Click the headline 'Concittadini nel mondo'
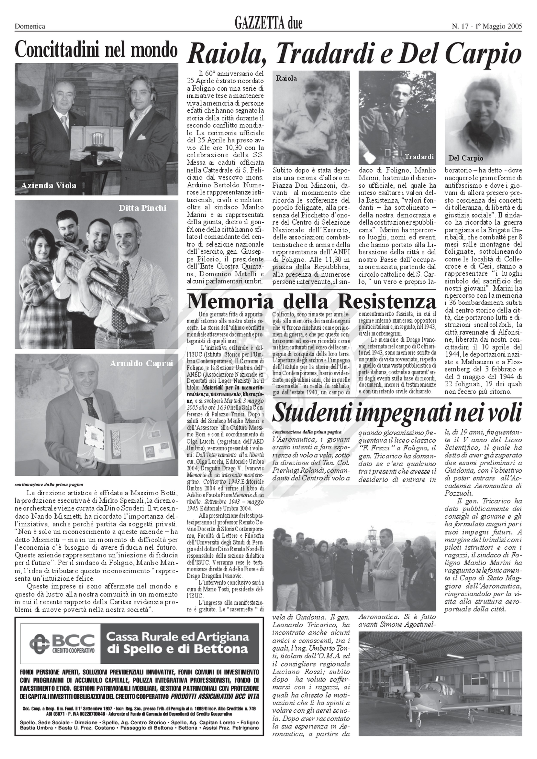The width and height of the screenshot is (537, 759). click(96, 50)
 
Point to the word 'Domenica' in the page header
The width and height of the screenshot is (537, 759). click(30, 26)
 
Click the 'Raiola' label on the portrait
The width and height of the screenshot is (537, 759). click(286, 78)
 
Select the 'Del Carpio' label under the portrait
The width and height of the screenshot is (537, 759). click(466, 158)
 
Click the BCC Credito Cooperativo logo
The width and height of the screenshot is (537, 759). click(62, 643)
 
